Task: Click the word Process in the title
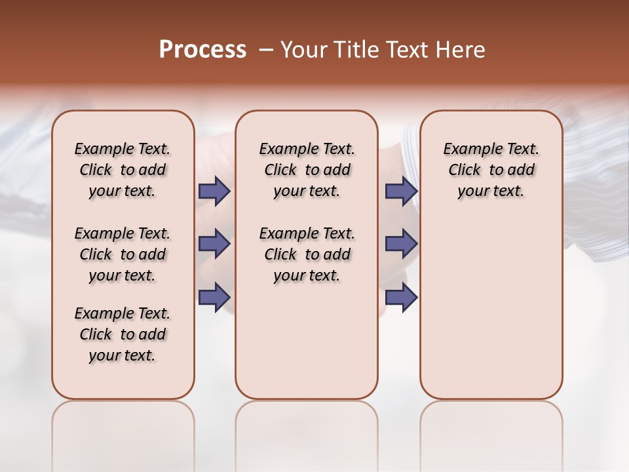pos(202,50)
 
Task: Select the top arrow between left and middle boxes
pos(214,191)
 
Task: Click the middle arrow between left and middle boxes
pos(214,244)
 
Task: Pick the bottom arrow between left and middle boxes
pos(214,297)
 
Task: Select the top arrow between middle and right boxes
pos(401,191)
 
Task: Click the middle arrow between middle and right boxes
pos(401,244)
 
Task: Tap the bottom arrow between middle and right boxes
pos(401,297)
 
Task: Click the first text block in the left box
pos(123,170)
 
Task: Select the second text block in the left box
pos(123,254)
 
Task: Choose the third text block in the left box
pos(123,334)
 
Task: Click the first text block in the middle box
pos(307,170)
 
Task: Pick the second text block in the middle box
pos(307,254)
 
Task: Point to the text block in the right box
pos(491,170)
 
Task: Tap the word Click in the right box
pos(465,170)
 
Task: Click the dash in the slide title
pos(265,50)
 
